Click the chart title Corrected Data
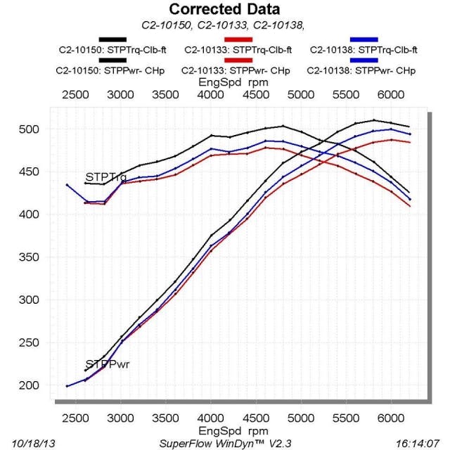pos(224,10)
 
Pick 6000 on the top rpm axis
pos(391,94)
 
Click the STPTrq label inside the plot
pos(105,177)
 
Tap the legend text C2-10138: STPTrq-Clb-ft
pos(364,51)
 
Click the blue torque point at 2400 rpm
pos(67,185)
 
